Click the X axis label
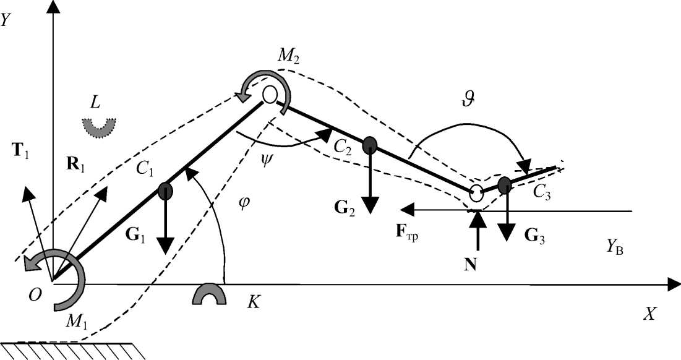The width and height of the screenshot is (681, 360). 649,314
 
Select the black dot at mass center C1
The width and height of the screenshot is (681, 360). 165,191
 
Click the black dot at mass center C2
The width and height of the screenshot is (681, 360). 369,145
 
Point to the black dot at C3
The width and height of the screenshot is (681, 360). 505,184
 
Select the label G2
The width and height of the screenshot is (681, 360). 344,205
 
